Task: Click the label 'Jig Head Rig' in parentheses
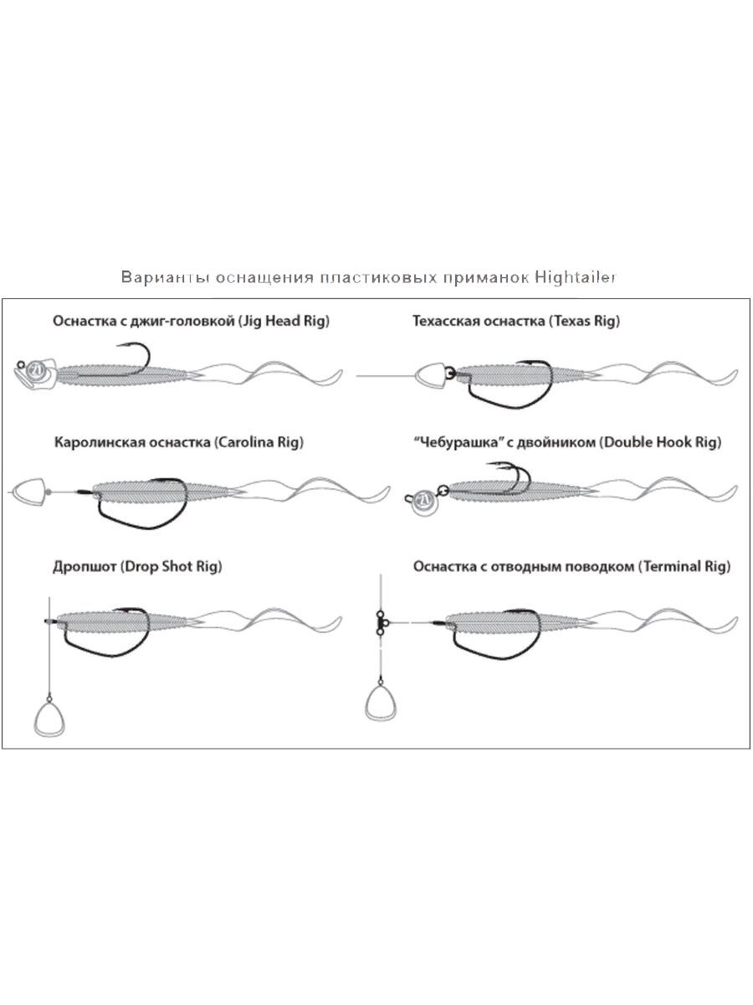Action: (x=284, y=321)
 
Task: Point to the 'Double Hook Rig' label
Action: (x=659, y=441)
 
